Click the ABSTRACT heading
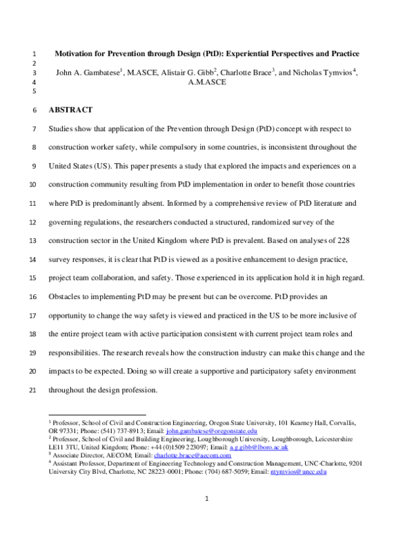click(70, 110)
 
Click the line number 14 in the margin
click(34, 241)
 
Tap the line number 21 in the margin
click(34, 390)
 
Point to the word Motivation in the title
click(78, 54)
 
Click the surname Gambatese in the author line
click(100, 73)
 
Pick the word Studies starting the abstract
click(63, 129)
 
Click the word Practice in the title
click(340, 54)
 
